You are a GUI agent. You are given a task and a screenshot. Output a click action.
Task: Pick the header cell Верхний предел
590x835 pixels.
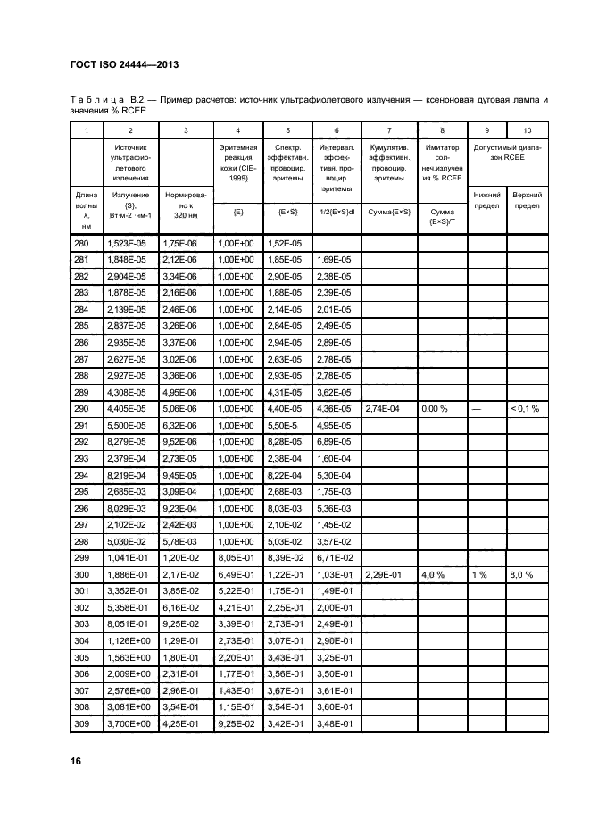point(528,198)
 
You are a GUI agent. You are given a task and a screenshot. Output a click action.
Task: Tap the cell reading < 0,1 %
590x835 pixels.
point(526,408)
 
